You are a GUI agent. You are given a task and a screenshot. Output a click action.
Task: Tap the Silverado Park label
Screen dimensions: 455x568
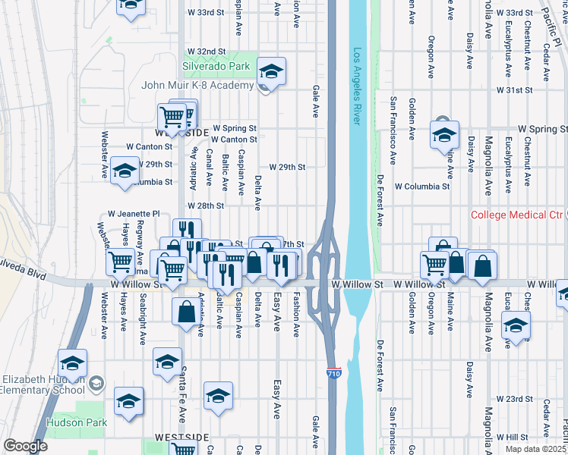[216, 67]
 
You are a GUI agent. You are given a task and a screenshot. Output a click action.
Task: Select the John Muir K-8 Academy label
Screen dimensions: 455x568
[197, 84]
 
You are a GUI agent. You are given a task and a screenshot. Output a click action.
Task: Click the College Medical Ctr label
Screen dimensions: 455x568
[519, 215]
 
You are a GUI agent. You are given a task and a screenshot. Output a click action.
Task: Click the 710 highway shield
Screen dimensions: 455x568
[333, 374]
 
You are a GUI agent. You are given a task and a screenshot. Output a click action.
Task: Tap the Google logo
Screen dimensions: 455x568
[25, 446]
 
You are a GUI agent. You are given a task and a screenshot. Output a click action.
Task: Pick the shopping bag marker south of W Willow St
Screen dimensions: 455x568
[187, 312]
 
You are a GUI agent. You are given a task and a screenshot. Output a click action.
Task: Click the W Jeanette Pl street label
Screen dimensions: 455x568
[134, 215]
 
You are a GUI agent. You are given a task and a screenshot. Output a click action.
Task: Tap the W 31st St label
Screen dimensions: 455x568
[516, 89]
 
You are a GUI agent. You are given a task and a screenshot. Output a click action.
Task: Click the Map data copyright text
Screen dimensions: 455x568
[536, 449]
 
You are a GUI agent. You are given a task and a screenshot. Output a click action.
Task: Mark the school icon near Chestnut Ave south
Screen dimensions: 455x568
[516, 326]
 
